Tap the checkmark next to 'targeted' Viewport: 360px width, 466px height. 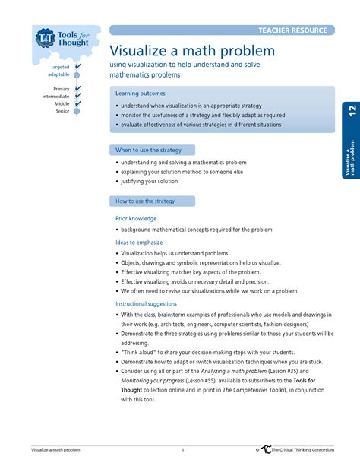pos(77,67)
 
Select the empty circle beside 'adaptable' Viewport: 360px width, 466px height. pos(77,74)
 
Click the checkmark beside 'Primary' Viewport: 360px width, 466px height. pos(77,89)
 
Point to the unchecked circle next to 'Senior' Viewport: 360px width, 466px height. pos(77,111)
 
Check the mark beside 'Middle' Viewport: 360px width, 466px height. pos(77,103)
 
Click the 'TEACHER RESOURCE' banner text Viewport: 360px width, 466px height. pos(292,30)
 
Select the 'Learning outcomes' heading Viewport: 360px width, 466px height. pos(141,93)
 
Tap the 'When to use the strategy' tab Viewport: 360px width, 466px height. pos(149,151)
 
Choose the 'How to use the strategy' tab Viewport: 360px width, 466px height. pos(146,201)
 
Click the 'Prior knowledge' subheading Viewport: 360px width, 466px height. pos(136,218)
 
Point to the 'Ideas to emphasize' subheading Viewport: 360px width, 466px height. pos(139,243)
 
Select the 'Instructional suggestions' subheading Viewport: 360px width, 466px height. pos(146,303)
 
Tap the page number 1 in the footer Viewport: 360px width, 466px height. pos(182,450)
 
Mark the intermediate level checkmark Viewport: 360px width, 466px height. pos(77,97)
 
